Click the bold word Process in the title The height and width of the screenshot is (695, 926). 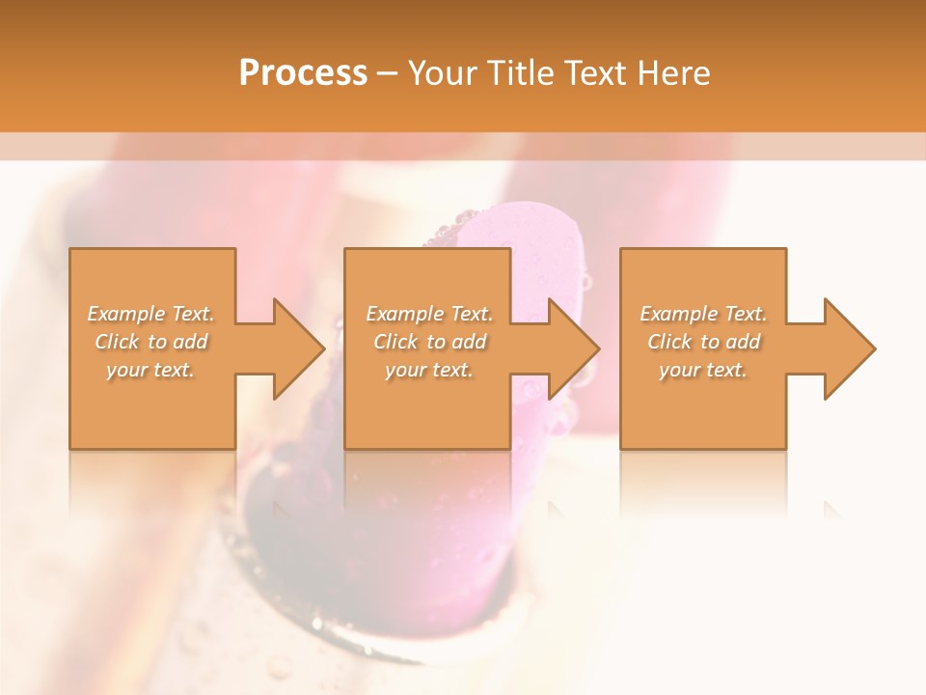[303, 73]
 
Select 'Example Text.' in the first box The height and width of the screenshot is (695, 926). [151, 314]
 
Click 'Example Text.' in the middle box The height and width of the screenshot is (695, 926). [429, 314]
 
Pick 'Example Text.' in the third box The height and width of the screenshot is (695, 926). [703, 314]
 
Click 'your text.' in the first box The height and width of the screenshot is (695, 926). [150, 370]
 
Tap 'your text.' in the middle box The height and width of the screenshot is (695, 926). [428, 370]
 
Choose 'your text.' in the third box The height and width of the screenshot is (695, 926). [702, 370]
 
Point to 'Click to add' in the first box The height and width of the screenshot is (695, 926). [151, 342]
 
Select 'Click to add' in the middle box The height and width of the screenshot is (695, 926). [429, 342]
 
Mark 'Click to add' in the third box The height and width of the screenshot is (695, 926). [703, 342]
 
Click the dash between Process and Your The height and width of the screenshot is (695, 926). [388, 74]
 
